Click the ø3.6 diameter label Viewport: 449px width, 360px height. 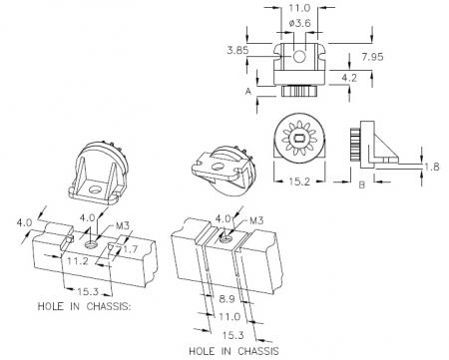pyautogui.click(x=299, y=23)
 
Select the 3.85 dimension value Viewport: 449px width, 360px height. pyautogui.click(x=237, y=50)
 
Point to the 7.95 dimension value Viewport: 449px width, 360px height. pyautogui.click(x=372, y=57)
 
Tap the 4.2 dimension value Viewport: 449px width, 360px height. pyautogui.click(x=349, y=78)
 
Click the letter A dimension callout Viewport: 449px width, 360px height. pyautogui.click(x=248, y=91)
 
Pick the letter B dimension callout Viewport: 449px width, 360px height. pyautogui.click(x=362, y=184)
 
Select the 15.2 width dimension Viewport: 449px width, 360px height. pyautogui.click(x=299, y=181)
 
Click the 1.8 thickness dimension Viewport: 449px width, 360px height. pyautogui.click(x=432, y=167)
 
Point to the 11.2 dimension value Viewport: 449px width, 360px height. pyautogui.click(x=78, y=261)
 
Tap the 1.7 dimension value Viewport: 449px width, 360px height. pyautogui.click(x=130, y=249)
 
